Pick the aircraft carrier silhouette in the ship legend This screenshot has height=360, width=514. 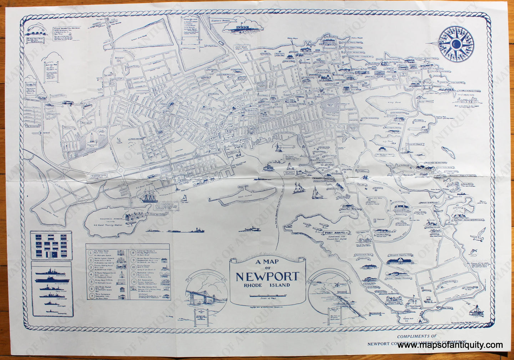(x=50, y=279)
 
